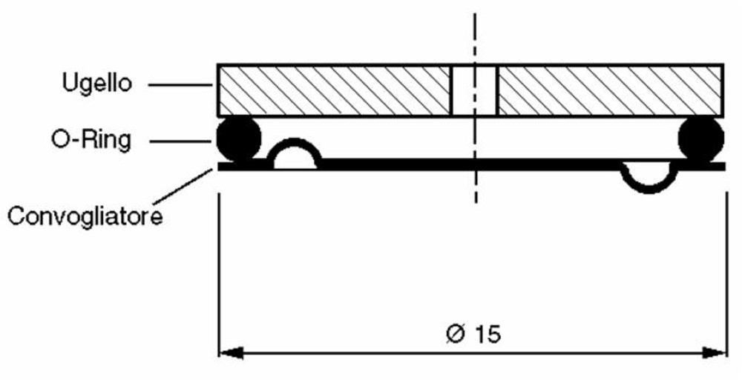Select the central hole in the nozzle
(x=474, y=90)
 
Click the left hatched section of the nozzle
(x=334, y=90)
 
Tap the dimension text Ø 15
(x=475, y=333)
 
